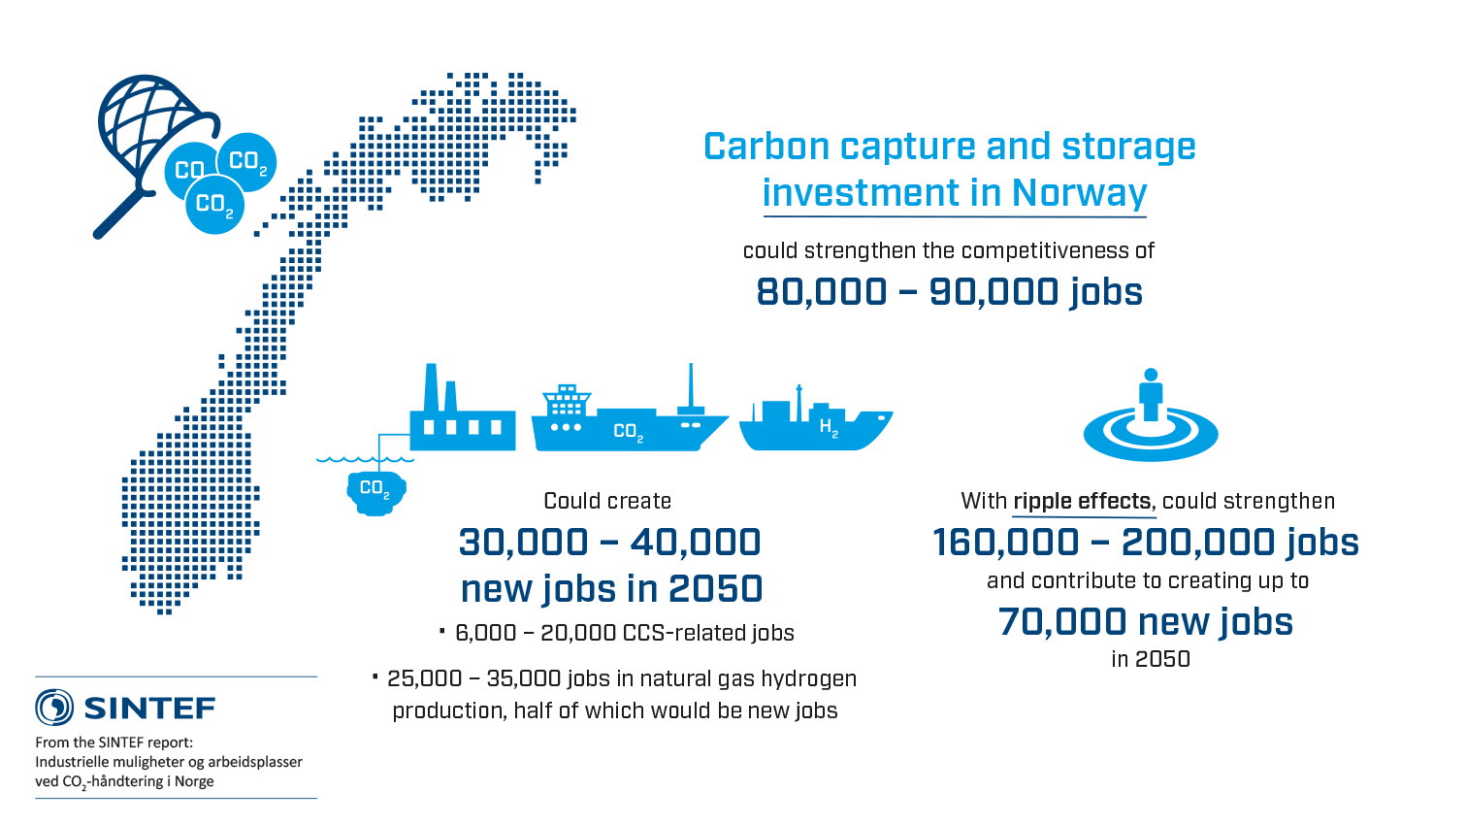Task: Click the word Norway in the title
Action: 1079,192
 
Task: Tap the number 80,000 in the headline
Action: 822,291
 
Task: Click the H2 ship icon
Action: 816,424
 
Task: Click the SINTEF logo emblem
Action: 54,708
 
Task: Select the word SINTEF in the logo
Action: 150,709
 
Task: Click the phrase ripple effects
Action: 1082,501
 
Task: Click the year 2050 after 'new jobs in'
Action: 715,589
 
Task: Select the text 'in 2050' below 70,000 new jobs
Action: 1151,659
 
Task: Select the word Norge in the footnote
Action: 194,781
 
